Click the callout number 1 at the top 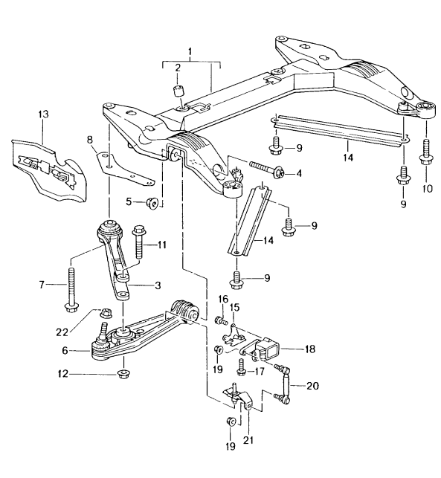[190, 53]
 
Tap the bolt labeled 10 [426, 151]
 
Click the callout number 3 [158, 285]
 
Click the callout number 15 [234, 307]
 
